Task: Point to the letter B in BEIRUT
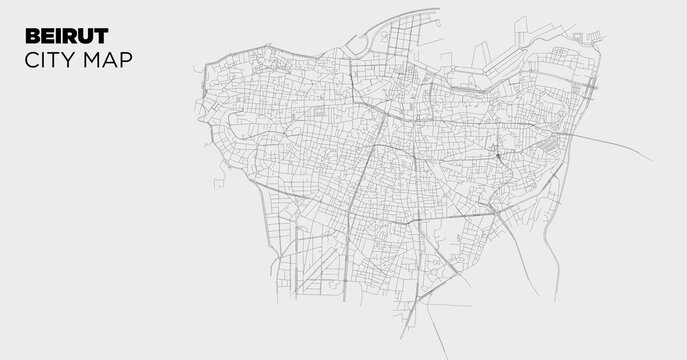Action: click(x=29, y=35)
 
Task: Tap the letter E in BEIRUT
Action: click(x=42, y=35)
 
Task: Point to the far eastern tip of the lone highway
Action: click(x=651, y=160)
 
